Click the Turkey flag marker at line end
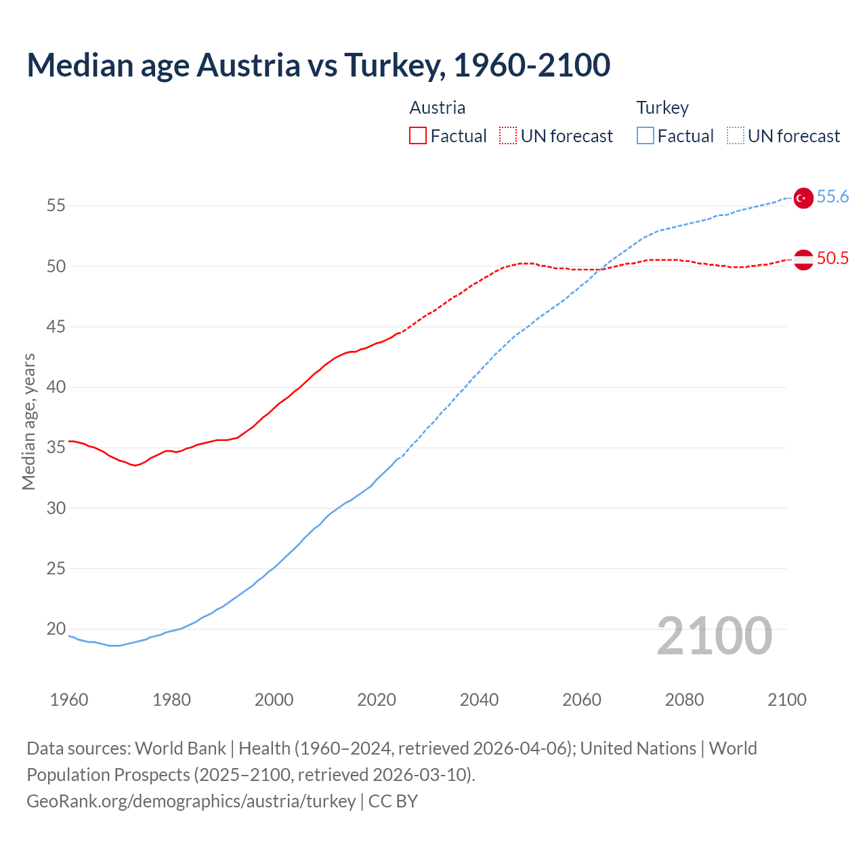pos(803,198)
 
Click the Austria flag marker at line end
pos(803,259)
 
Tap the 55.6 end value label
pos(832,197)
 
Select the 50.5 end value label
pos(832,259)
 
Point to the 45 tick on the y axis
pos(56,327)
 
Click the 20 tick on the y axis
pos(56,629)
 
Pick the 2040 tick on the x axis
pos(479,700)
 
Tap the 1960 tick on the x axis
pos(69,700)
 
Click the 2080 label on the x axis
pos(684,700)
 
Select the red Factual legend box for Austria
pos(418,136)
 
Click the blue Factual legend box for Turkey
pos(646,136)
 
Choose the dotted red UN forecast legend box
pos(508,136)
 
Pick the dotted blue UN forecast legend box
pos(736,136)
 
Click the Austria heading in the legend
pos(438,108)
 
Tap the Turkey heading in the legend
pos(662,108)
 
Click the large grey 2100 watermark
pos(715,636)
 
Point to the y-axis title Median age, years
pos(28,421)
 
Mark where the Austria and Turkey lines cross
pos(602,269)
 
